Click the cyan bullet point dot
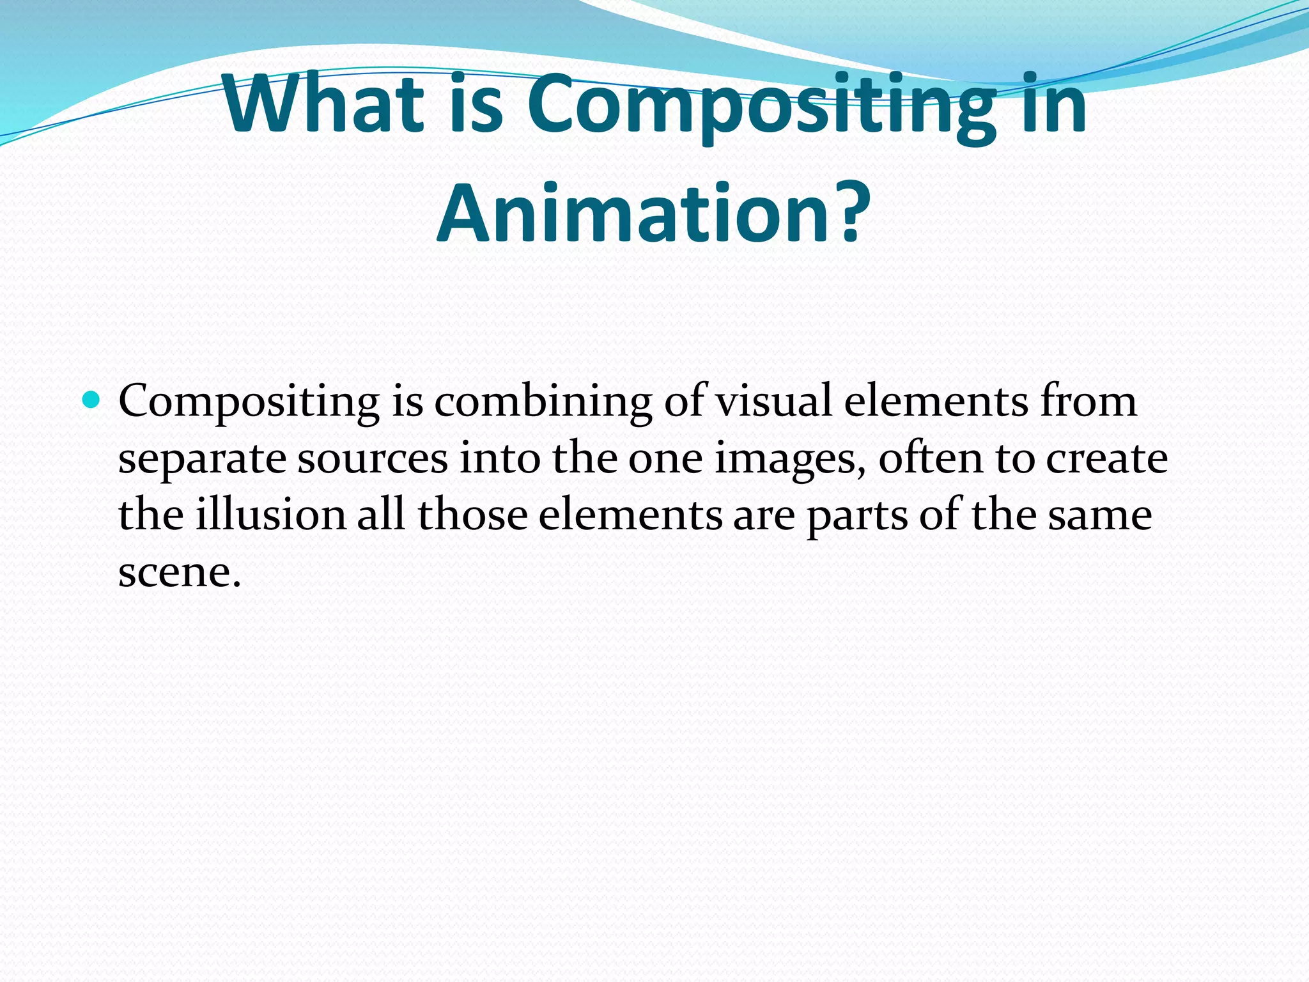click(x=91, y=401)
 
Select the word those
click(x=472, y=515)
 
